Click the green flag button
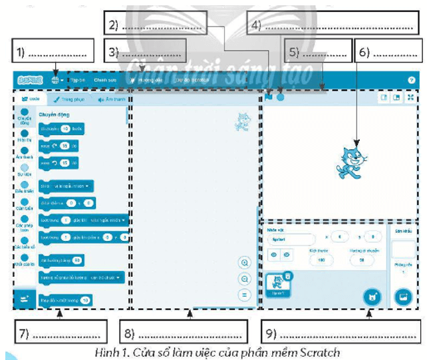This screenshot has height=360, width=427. tap(269, 96)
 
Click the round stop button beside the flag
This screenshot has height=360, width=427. tap(281, 96)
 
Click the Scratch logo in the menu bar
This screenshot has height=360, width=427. tap(29, 80)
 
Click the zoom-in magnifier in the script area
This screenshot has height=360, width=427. tap(245, 263)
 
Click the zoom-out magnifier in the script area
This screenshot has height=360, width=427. tap(245, 279)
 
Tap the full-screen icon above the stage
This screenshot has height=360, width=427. tap(411, 97)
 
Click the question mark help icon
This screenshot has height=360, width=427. tap(411, 80)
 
